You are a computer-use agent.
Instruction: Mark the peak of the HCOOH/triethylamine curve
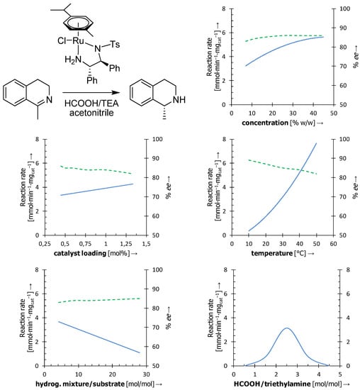[286, 328]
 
